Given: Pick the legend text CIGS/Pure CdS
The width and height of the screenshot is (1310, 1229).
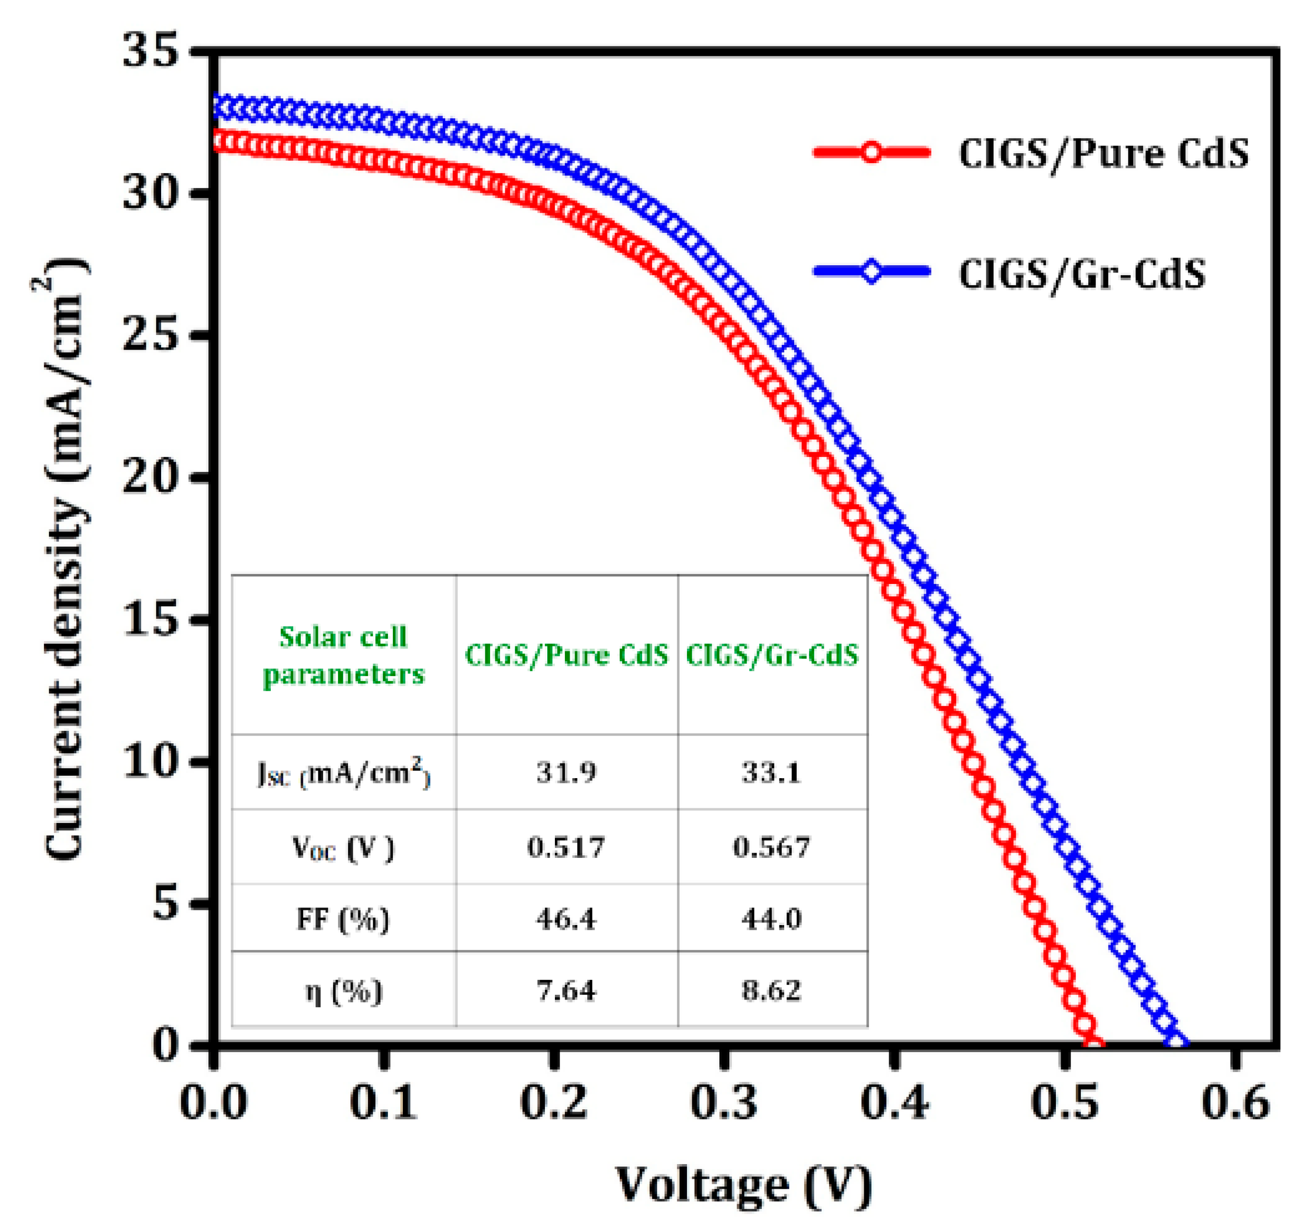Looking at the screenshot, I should [1103, 154].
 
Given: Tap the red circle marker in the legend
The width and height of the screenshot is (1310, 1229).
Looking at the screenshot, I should [871, 153].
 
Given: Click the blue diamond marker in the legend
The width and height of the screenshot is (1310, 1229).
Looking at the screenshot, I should [871, 271].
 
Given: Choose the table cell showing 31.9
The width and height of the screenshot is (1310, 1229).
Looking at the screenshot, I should [566, 771].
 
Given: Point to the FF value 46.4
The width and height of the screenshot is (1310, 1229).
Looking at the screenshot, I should [566, 918].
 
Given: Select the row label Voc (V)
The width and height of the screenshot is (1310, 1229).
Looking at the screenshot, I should [343, 848].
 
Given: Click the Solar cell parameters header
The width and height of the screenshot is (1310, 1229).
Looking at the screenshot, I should [343, 656].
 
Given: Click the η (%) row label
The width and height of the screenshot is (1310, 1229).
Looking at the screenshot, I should [343, 991].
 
